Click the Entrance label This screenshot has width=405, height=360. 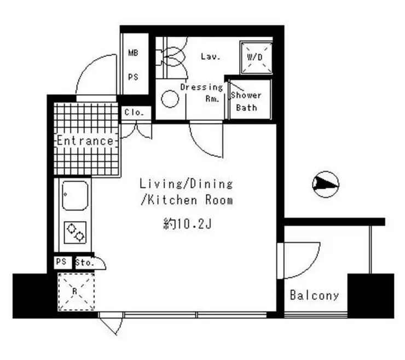coord(85,141)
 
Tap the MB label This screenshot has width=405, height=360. coord(134,53)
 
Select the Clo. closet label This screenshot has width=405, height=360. coord(134,112)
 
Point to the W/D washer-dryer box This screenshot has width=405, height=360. coord(256,57)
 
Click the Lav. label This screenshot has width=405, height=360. coord(211,56)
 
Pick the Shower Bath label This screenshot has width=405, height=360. coord(246,101)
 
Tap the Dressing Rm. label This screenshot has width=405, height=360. coord(202,92)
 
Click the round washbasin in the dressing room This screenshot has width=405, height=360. coord(170,98)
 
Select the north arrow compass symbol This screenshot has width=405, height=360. coord(326,184)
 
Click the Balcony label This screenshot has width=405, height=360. coord(314,295)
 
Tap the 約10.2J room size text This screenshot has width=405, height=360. coord(188,224)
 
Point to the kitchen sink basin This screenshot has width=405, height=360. coord(75,195)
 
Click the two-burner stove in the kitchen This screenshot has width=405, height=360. coord(75,233)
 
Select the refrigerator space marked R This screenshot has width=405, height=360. coord(76,292)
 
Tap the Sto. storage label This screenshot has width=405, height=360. coord(84,263)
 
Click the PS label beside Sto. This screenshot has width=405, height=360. coord(61,262)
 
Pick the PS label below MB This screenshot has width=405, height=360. coord(134,77)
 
